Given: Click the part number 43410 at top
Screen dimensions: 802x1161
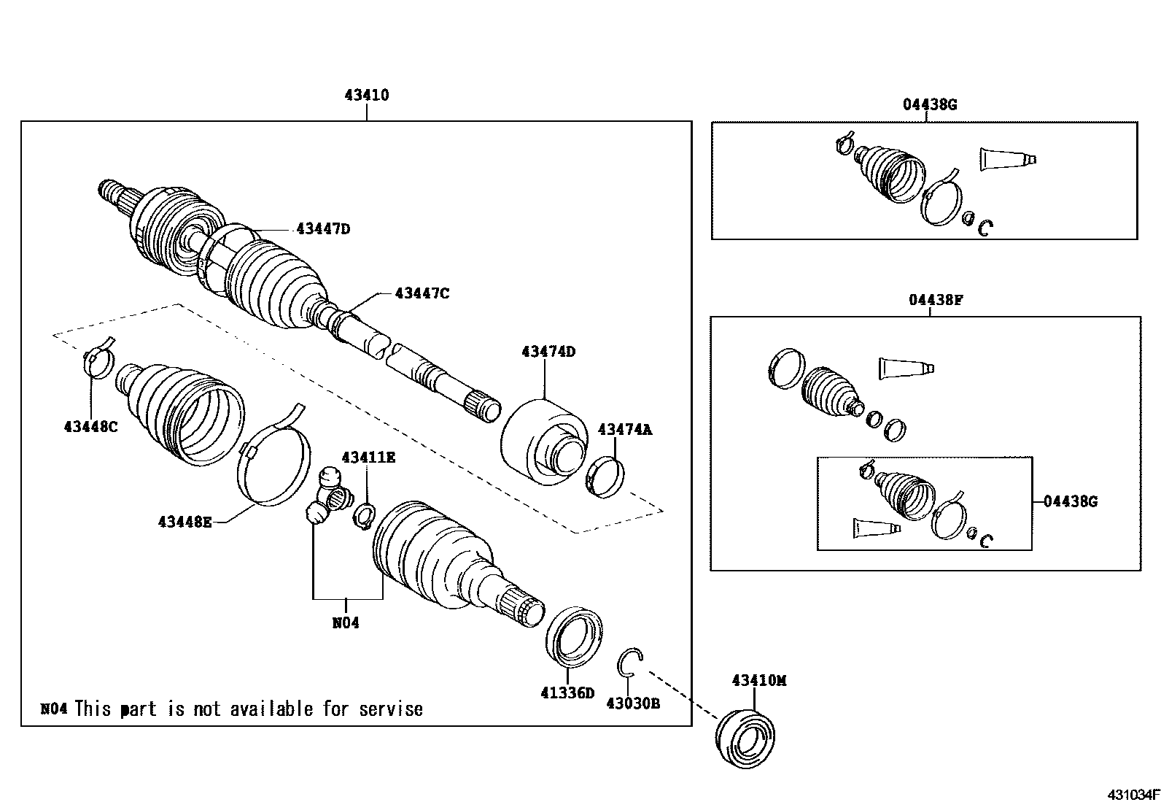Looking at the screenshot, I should (367, 96).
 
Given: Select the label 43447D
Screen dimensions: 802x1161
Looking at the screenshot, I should (323, 229).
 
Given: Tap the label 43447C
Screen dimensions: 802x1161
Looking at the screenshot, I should (422, 293).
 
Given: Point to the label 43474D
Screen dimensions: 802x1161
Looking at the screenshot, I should (548, 352).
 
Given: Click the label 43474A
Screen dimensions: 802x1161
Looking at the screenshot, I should (625, 430).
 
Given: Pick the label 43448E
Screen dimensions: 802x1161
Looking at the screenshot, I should (185, 521).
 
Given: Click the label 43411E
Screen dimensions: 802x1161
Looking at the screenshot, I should (368, 458).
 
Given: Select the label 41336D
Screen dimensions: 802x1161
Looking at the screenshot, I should (567, 693).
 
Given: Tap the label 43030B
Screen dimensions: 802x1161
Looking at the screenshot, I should (633, 703).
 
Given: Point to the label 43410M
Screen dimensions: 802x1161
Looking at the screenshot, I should (759, 681).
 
